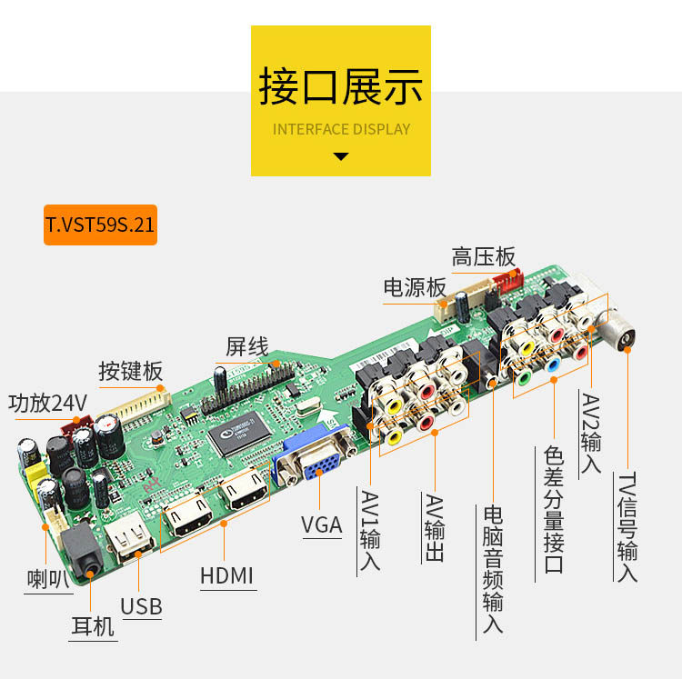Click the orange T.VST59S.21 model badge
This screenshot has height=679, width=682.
point(100,225)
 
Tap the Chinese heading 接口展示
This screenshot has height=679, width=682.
point(341,87)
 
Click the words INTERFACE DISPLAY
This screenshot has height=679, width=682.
point(341,129)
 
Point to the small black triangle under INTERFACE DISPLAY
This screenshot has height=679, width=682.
point(341,156)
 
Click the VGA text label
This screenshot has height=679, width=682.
point(322,524)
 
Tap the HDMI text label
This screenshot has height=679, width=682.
point(226,574)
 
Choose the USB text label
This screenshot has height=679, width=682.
point(141,606)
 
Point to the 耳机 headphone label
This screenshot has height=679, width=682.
point(93,626)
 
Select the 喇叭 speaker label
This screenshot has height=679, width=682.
point(48,578)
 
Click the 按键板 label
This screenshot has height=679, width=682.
point(131,371)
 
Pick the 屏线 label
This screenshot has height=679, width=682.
point(246,346)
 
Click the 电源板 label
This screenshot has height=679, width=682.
point(415,288)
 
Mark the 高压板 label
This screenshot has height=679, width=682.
point(483,257)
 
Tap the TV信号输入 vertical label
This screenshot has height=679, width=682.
point(627,526)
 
